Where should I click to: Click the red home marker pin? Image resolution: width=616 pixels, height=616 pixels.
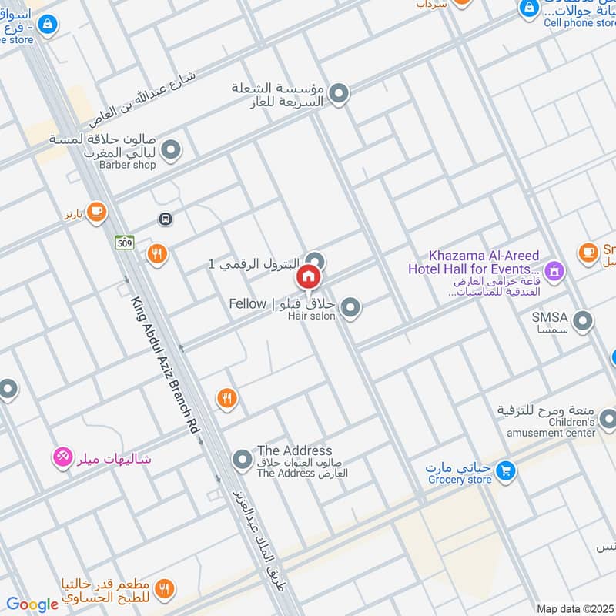click(x=309, y=275)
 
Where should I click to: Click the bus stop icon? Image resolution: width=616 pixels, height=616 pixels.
click(x=165, y=219)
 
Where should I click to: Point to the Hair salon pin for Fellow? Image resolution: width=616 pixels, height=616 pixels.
click(x=350, y=309)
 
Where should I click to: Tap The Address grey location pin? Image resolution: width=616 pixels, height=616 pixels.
click(x=243, y=460)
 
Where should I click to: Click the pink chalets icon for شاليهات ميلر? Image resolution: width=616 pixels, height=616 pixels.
click(x=62, y=457)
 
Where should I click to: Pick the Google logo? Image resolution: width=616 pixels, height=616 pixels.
click(x=32, y=604)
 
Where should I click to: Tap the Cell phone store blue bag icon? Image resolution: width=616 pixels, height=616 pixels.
click(x=528, y=8)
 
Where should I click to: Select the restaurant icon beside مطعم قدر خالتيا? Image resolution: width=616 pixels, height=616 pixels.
click(x=163, y=589)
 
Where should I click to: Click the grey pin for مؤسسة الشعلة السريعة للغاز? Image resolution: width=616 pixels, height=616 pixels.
click(x=339, y=95)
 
